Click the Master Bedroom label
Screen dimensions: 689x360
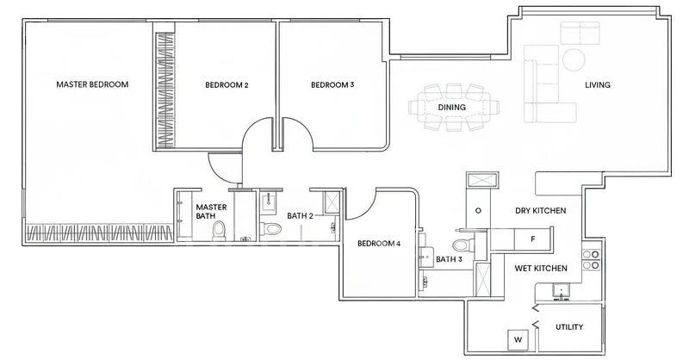[92, 84]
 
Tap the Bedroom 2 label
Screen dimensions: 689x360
[227, 85]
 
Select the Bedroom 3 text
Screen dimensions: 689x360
[332, 85]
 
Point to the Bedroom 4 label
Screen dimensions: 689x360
[379, 244]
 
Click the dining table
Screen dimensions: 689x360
[453, 108]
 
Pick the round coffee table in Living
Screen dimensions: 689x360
[574, 59]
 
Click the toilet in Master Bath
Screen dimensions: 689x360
[219, 231]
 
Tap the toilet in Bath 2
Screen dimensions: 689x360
[270, 228]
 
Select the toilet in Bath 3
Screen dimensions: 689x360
[463, 245]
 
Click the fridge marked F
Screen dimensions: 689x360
[533, 239]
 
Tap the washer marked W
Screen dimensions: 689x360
[518, 340]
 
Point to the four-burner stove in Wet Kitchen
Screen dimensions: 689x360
[591, 260]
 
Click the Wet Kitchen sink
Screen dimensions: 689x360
[561, 291]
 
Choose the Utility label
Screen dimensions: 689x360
[569, 327]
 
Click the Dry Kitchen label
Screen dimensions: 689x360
[541, 210]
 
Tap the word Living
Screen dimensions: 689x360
[598, 85]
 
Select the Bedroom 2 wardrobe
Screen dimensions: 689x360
[165, 90]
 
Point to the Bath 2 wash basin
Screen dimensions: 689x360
[268, 202]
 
